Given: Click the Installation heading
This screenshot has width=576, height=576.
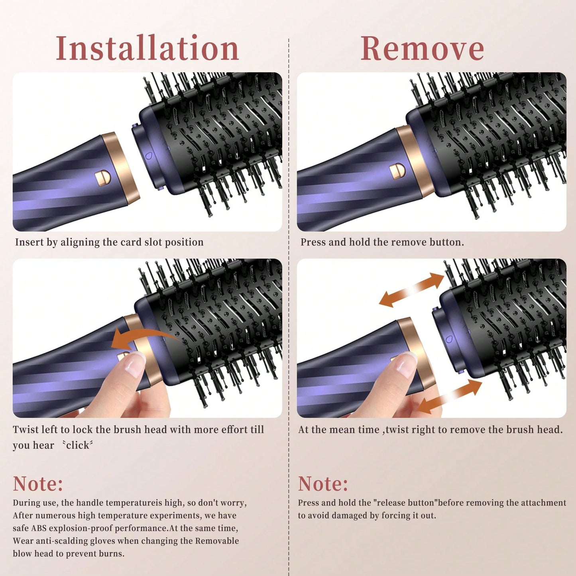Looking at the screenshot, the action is [x=147, y=48].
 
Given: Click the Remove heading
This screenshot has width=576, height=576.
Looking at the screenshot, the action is [x=422, y=48].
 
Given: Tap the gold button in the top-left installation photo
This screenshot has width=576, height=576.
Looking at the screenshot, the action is [x=102, y=177].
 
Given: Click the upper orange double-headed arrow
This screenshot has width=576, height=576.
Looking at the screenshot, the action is [x=412, y=290].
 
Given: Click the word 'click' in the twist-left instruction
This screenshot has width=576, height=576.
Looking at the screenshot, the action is [x=78, y=445].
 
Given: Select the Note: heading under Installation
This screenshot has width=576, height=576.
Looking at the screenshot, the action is [x=38, y=484].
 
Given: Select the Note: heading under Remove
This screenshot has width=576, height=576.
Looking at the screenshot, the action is [x=323, y=484].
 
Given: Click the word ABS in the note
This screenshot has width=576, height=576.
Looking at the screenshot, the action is [x=40, y=528].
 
